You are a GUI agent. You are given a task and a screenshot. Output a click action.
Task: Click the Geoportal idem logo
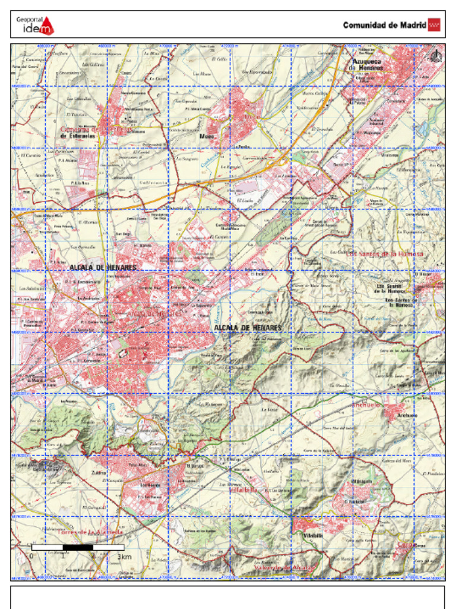coord(34,25)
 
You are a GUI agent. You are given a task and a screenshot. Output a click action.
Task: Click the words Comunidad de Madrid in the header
coord(384,25)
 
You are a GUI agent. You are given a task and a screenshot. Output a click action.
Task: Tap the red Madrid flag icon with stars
coord(435,25)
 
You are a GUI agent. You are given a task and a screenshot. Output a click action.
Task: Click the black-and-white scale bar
coord(77,547)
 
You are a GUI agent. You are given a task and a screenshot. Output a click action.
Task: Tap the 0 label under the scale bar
coord(31,557)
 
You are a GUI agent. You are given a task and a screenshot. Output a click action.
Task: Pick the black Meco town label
coord(206,136)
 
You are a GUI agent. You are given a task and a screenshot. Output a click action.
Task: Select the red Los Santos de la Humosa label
coord(385,254)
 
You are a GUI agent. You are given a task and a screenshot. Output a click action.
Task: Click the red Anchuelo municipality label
coord(366,404)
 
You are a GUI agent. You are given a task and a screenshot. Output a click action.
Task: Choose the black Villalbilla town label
coord(313,535)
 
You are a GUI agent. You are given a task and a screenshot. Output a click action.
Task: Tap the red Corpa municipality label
coord(405,544)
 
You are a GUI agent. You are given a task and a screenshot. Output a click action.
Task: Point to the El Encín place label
coord(258,274)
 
